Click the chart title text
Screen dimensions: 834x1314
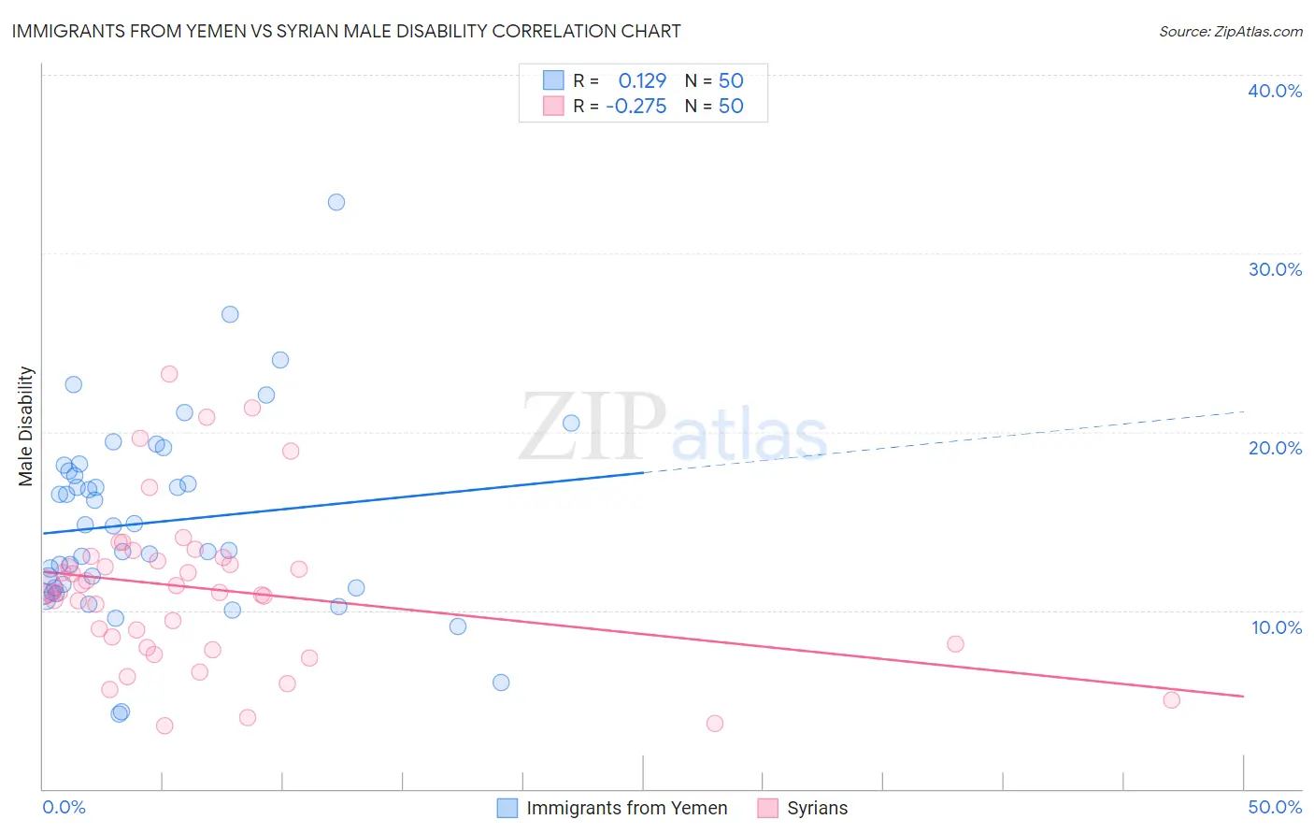[x=346, y=31]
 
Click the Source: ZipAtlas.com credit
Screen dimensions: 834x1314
[x=1230, y=31]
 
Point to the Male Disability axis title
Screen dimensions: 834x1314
[x=26, y=425]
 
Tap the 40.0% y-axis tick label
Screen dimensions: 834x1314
[x=1275, y=91]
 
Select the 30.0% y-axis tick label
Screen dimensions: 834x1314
[x=1275, y=269]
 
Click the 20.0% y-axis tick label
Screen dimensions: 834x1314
[x=1275, y=448]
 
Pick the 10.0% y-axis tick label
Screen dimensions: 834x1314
[x=1275, y=627]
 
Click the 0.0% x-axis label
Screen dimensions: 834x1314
[x=64, y=807]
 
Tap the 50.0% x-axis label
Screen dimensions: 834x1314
[x=1275, y=807]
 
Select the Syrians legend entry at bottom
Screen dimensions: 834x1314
[x=817, y=808]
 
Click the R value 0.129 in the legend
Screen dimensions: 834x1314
[x=642, y=81]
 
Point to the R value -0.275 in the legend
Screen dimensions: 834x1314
[x=636, y=107]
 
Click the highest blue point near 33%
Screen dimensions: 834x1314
[x=336, y=202]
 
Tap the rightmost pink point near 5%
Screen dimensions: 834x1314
[x=1171, y=699]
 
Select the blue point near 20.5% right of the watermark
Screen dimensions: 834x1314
[x=571, y=423]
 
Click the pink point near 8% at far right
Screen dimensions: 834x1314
[x=955, y=643]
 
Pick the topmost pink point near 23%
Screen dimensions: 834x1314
[x=169, y=374]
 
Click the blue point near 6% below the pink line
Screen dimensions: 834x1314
[x=501, y=683]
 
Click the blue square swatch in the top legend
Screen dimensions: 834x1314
[x=554, y=80]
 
